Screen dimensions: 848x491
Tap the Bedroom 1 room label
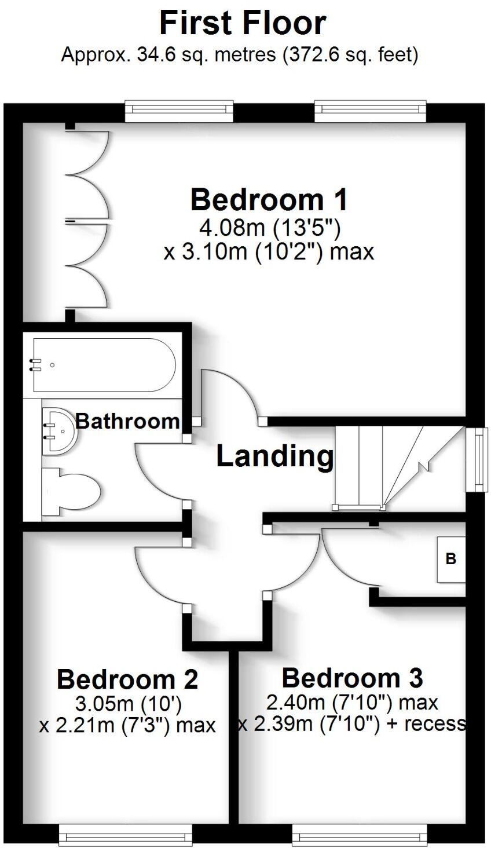(x=269, y=200)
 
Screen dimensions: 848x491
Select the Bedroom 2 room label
(x=127, y=679)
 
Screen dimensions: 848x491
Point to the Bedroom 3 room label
(x=352, y=677)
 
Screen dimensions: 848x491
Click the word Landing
(x=274, y=456)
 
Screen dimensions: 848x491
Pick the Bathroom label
(x=127, y=421)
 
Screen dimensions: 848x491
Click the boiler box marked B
(x=450, y=559)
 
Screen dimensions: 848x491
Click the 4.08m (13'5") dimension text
(x=269, y=228)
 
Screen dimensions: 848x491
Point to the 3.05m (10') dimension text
(x=129, y=704)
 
